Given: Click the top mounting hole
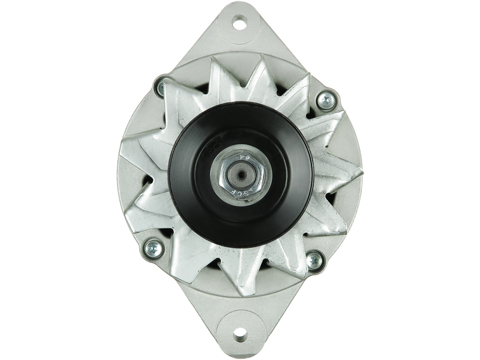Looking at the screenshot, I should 241,25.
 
